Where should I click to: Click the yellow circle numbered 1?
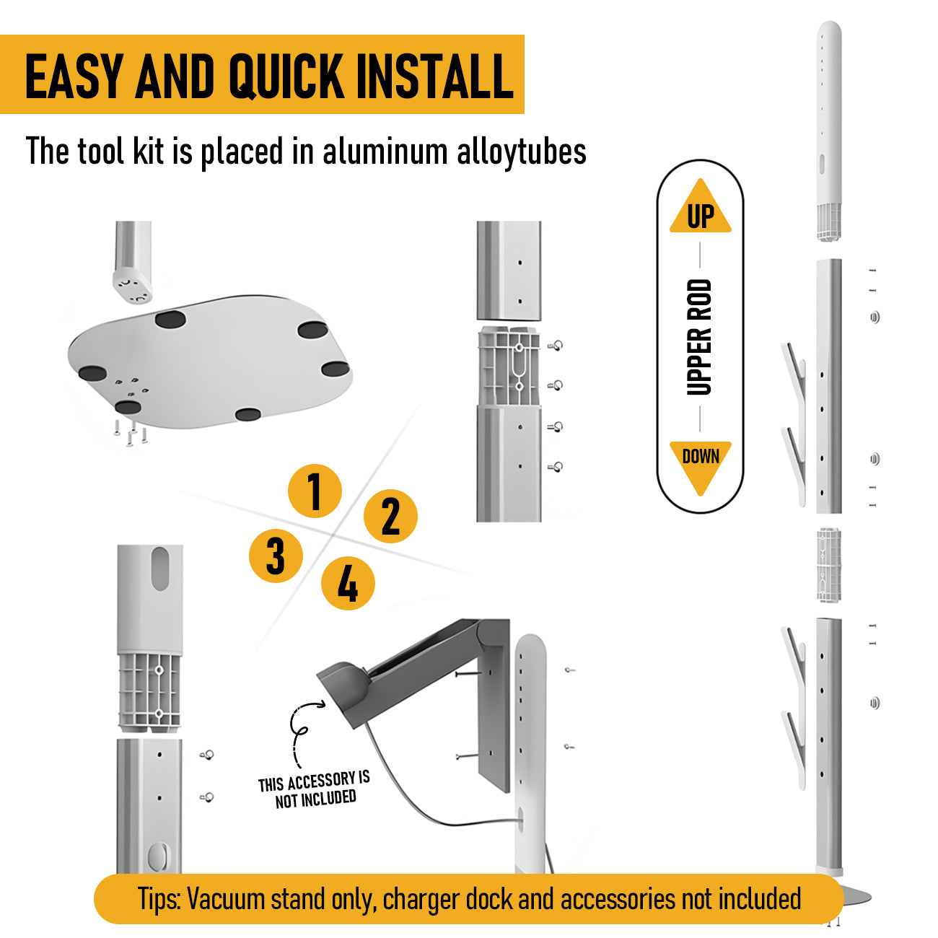(315, 491)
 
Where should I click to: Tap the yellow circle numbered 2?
(390, 516)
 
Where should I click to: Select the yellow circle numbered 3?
(276, 556)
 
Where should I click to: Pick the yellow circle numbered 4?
(348, 583)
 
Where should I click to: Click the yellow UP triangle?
(700, 207)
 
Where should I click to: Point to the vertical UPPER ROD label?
(699, 337)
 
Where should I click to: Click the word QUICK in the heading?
(286, 76)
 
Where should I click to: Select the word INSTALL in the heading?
(434, 76)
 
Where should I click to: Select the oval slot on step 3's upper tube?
(159, 569)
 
